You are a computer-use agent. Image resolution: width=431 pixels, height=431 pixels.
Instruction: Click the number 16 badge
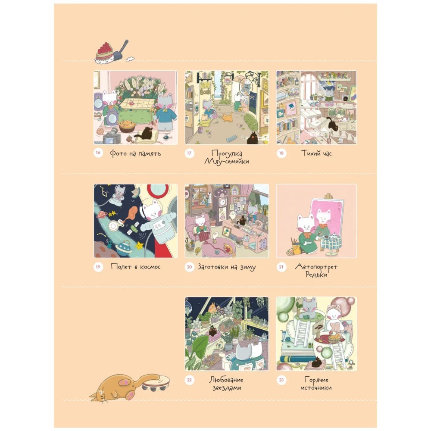(98, 153)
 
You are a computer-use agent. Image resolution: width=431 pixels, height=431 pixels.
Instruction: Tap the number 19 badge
(98, 267)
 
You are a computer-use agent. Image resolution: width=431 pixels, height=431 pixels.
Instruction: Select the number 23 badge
(281, 380)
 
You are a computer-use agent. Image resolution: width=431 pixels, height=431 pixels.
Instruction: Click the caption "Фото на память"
(135, 153)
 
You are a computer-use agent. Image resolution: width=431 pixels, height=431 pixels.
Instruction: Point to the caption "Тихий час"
(316, 153)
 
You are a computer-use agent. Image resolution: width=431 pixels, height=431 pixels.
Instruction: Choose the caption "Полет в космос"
(135, 267)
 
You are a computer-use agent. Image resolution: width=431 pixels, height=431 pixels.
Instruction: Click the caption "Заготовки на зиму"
(227, 267)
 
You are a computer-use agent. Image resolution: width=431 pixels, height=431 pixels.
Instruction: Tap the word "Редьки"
(316, 274)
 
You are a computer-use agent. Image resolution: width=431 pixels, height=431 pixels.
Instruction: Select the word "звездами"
(227, 388)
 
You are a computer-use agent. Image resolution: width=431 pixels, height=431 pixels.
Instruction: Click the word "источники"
(316, 388)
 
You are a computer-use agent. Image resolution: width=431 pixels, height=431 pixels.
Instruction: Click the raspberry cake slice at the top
(104, 53)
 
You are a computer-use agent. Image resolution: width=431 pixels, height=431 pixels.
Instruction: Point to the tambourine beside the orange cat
(156, 383)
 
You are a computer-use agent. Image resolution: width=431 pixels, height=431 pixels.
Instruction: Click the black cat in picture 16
(146, 134)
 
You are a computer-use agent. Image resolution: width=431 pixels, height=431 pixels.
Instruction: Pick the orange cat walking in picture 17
(227, 117)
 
